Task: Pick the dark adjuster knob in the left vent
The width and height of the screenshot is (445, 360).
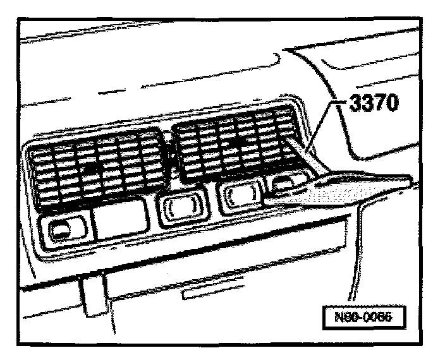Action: click(x=92, y=168)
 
